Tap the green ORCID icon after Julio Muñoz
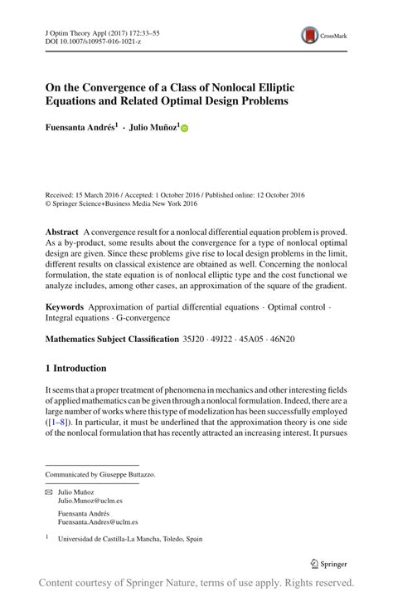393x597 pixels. pyautogui.click(x=185, y=129)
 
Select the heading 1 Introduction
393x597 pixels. pyautogui.click(x=75, y=368)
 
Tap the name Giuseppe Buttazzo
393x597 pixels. pyautogui.click(x=127, y=474)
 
